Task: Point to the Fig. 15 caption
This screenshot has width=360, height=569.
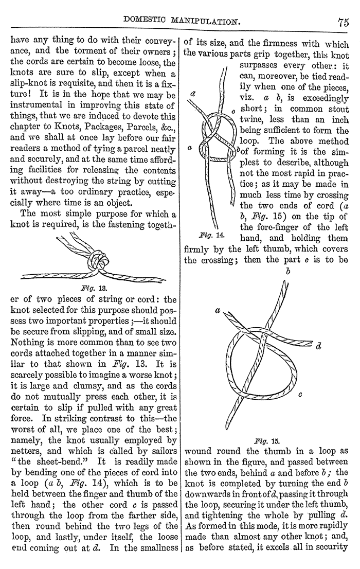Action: click(x=266, y=440)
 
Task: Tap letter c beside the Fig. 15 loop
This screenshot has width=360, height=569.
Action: click(x=300, y=395)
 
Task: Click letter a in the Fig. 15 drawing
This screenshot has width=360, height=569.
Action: click(x=218, y=311)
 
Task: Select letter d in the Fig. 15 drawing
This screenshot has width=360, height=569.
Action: click(x=319, y=346)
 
